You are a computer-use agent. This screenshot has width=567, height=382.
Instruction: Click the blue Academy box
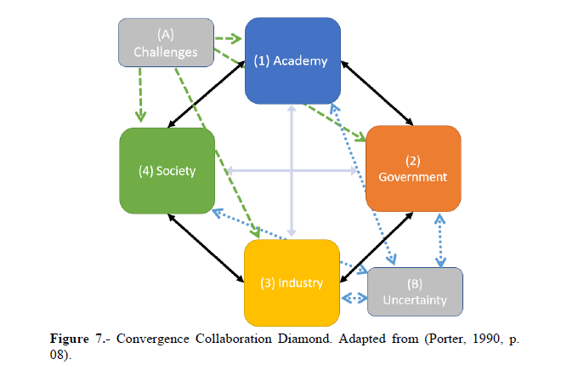[292, 61]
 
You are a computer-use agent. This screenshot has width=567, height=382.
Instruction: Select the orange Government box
[413, 168]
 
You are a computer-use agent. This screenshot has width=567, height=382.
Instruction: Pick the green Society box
[167, 170]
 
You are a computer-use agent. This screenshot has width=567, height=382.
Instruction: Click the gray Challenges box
[165, 43]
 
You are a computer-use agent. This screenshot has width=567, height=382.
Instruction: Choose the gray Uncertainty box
[415, 292]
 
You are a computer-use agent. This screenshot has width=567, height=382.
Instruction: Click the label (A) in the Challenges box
[165, 34]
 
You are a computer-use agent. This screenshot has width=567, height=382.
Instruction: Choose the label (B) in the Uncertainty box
[415, 282]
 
